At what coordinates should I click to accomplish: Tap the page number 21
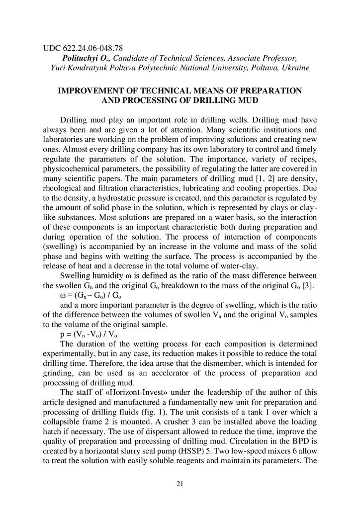[180, 484]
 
